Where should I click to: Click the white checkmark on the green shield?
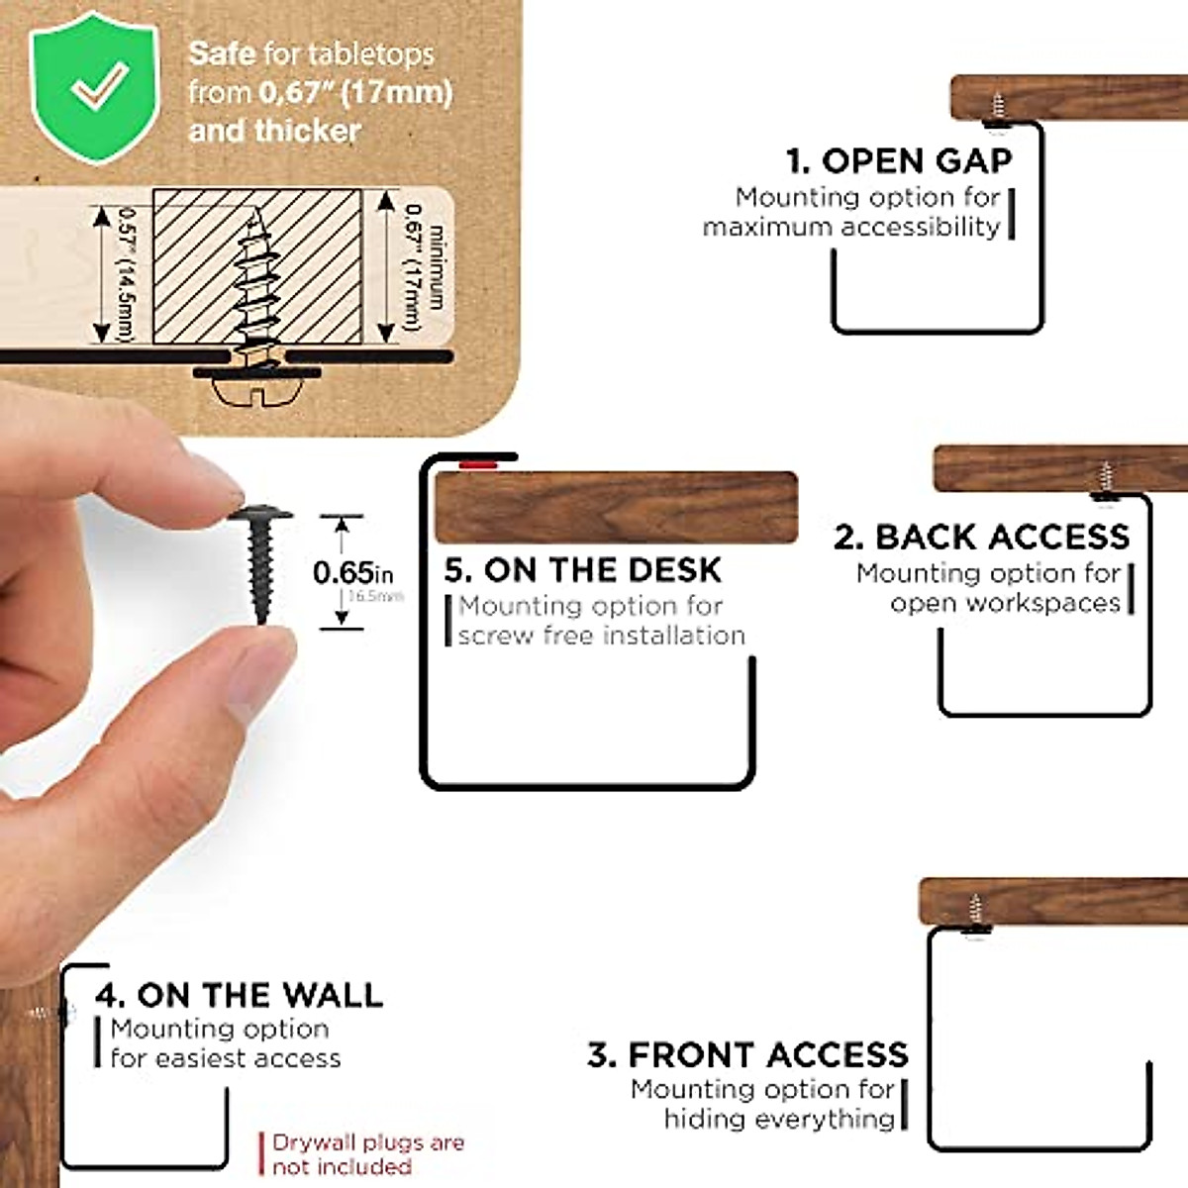click(98, 86)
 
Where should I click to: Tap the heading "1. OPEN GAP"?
click(899, 160)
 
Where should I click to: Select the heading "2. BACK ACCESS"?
click(981, 537)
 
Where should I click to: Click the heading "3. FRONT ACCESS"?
click(747, 1054)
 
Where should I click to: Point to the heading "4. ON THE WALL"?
click(239, 994)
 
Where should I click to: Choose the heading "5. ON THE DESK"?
click(583, 569)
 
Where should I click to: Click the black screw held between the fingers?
click(260, 559)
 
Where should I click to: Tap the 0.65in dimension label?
click(351, 572)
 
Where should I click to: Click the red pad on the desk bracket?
click(478, 461)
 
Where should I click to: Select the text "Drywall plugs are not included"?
click(367, 1154)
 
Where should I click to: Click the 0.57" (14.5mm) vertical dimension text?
click(126, 272)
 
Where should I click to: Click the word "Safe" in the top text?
click(222, 52)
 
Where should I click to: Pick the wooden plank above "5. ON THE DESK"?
click(616, 507)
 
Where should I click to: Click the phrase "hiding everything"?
click(779, 1119)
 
